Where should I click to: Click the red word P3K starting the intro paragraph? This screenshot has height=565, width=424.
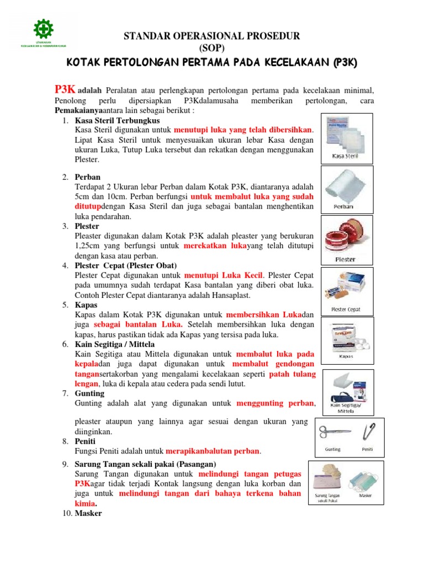65,89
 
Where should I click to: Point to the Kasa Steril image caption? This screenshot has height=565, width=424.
345,156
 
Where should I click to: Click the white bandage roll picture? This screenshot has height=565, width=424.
346,185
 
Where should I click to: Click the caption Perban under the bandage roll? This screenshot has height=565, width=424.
344,207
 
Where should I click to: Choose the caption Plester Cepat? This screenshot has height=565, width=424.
346,310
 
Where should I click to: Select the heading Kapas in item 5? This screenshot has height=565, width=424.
86,305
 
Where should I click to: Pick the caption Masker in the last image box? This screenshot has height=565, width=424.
365,495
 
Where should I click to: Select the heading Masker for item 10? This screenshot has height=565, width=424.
88,513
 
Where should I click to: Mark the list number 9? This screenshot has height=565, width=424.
65,464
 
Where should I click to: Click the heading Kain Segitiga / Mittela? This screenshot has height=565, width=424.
115,344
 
